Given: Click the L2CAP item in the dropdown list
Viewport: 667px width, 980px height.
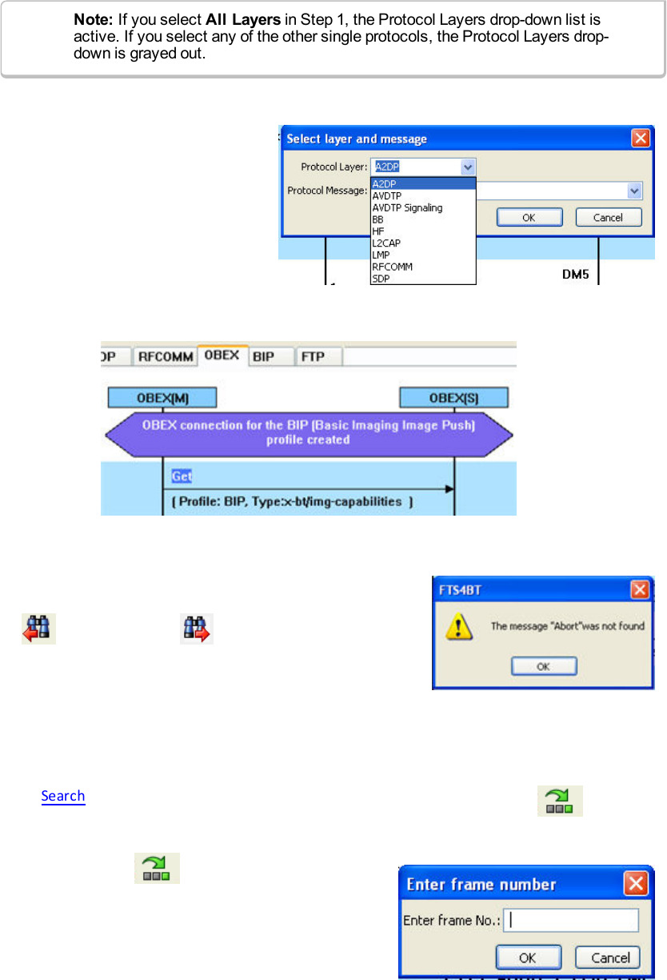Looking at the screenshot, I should click(x=385, y=243).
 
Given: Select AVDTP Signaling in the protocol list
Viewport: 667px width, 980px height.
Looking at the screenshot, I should click(x=407, y=207).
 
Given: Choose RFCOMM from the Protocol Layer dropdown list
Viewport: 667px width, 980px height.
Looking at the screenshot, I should click(x=392, y=267).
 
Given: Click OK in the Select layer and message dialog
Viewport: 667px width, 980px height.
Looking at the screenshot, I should click(x=529, y=217).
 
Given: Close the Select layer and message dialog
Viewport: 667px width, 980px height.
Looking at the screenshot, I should click(x=641, y=138).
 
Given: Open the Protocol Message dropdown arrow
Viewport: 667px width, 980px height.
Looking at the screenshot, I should click(x=634, y=191).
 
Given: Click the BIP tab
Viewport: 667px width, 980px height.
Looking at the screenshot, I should click(x=262, y=356).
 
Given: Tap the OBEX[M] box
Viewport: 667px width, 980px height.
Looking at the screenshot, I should click(x=162, y=397).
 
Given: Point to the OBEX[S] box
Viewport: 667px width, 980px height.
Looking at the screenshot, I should click(x=453, y=397).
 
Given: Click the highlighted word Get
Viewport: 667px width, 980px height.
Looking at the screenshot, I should click(x=182, y=476).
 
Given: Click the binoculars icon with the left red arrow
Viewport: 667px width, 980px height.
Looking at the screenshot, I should click(x=38, y=628).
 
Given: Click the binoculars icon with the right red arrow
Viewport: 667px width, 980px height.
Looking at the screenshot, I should click(x=197, y=628).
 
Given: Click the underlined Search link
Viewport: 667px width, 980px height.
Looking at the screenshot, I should click(x=63, y=796).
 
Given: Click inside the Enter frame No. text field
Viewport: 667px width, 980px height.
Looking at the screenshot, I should click(x=570, y=920).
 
